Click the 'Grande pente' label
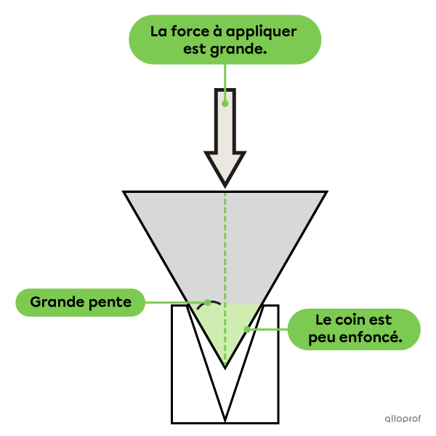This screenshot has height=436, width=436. tap(80, 302)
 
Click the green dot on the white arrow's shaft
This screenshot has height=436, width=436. tap(225, 103)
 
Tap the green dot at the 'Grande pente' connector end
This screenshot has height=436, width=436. tap(208, 302)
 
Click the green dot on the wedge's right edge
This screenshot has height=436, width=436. tap(247, 330)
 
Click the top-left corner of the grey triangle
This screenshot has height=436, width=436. tap(127, 194)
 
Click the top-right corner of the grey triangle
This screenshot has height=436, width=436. tap(323, 194)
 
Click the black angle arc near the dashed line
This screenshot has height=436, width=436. tap(206, 305)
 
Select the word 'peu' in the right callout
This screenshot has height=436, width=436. tap(324, 338)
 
